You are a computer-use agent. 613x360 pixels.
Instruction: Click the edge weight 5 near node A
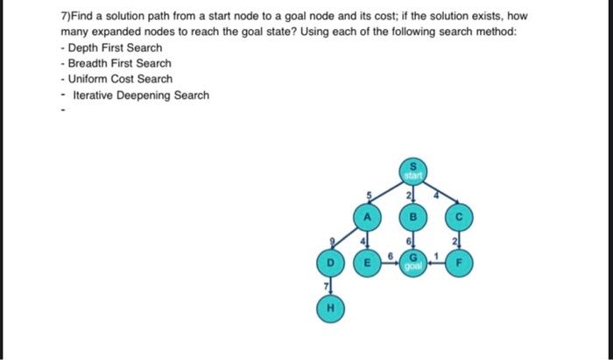click(370, 195)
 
